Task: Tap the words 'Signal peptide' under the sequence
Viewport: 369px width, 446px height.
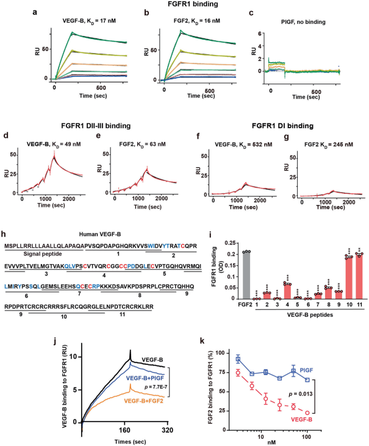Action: pyautogui.click(x=38, y=253)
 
